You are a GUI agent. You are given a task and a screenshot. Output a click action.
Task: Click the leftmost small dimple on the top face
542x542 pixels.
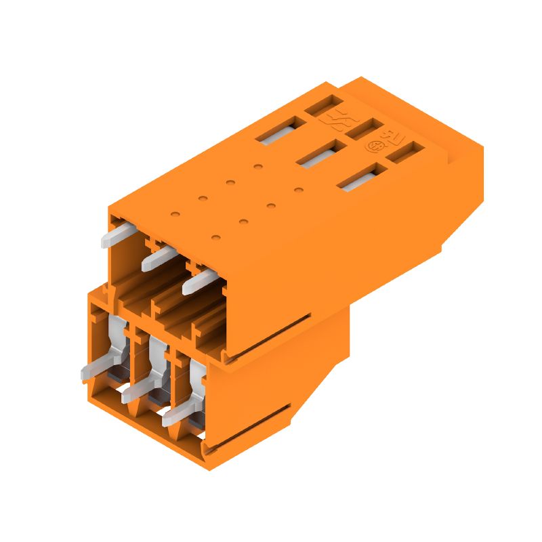click(175, 213)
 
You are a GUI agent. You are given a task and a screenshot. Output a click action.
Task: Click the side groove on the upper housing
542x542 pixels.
click(268, 335)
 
